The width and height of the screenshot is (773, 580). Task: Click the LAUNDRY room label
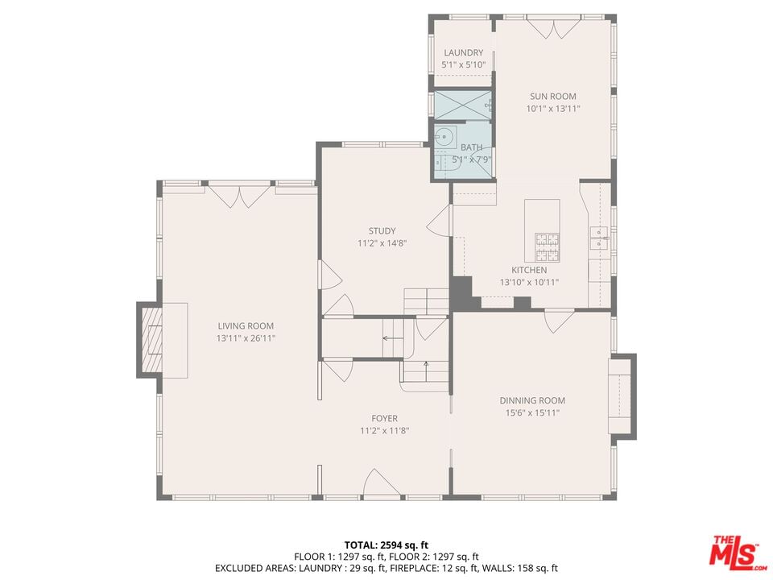464,53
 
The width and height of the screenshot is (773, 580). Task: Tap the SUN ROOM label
552,97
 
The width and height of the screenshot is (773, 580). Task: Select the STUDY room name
382,231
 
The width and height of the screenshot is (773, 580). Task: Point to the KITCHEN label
529,271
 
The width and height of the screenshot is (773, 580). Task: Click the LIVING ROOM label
246,326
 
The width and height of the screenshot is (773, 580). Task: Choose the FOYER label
385,419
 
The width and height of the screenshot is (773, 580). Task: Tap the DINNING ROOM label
532,401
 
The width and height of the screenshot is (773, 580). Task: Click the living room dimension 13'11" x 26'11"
246,339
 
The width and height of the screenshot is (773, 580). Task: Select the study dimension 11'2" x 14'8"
382,243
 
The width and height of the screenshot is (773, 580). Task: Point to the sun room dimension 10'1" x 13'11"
553,109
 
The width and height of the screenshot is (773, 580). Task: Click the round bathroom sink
446,136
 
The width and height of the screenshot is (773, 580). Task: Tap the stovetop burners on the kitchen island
548,247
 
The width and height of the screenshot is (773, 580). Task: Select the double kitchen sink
600,238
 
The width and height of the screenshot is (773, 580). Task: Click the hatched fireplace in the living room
152,340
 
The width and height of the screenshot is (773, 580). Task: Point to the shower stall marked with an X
463,105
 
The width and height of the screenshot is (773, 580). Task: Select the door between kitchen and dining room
559,321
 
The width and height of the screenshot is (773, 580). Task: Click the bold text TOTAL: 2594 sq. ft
386,545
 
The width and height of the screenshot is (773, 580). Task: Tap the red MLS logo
736,550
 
